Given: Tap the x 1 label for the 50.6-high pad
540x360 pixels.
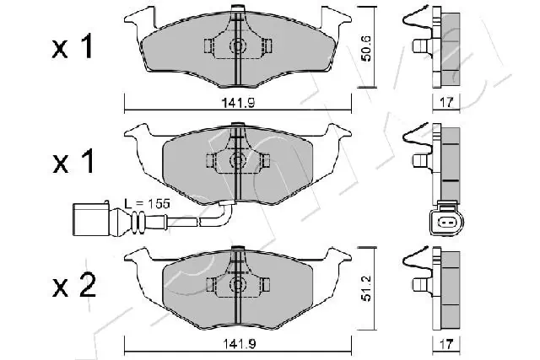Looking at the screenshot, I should pyautogui.click(x=73, y=49).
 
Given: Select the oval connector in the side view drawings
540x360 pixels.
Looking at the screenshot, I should pyautogui.click(x=441, y=223).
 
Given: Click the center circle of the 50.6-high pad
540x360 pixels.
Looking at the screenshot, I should pyautogui.click(x=237, y=46).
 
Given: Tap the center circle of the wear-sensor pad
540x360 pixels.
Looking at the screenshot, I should pyautogui.click(x=237, y=160).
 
